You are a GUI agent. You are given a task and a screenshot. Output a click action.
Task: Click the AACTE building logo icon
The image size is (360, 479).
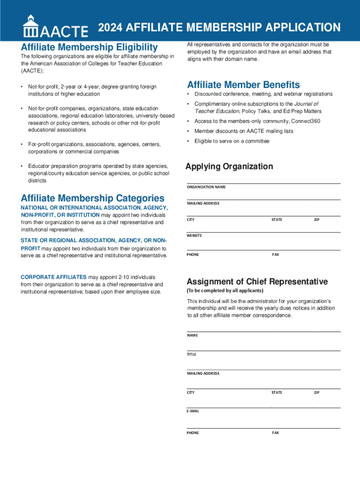(31, 26)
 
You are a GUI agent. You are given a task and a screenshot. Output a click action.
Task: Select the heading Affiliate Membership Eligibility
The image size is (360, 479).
(89, 47)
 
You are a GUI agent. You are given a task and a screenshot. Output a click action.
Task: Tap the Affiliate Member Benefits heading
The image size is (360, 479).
(244, 85)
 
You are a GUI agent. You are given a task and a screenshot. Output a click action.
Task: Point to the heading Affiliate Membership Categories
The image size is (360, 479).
(93, 198)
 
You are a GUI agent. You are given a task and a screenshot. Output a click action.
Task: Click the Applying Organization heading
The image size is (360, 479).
(229, 167)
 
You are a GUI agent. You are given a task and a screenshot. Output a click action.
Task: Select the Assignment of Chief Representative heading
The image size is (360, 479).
(257, 282)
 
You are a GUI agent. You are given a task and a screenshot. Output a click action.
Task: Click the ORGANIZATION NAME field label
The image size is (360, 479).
(206, 187)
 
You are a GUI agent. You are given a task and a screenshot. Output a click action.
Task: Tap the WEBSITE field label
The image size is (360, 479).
(194, 235)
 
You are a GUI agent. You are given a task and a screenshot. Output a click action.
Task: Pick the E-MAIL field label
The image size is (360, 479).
(193, 411)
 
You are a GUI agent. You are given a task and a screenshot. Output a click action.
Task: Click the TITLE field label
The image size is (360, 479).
(192, 354)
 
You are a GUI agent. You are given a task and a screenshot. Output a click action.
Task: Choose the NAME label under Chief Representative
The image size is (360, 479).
(192, 335)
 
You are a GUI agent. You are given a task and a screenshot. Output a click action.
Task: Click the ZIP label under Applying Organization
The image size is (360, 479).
(317, 219)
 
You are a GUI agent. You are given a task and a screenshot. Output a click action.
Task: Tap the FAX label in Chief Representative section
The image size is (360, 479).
(275, 433)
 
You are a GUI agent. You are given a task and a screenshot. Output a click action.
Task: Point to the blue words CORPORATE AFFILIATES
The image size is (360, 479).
(53, 277)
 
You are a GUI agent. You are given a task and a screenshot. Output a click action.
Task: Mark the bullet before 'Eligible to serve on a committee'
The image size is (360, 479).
(188, 141)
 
